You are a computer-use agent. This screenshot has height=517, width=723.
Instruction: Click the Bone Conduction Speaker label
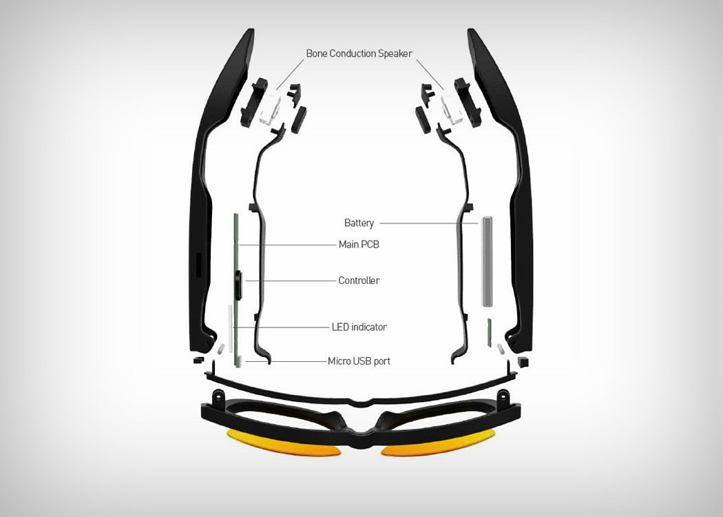pyautogui.click(x=359, y=53)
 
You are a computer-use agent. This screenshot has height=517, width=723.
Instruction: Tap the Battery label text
pyautogui.click(x=359, y=223)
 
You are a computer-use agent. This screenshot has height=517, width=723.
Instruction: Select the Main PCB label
pyautogui.click(x=359, y=244)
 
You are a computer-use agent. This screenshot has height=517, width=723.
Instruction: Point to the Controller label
pyautogui.click(x=359, y=281)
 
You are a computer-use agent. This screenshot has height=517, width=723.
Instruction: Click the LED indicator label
pyautogui.click(x=359, y=327)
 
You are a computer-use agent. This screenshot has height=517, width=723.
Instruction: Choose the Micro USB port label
pyautogui.click(x=359, y=361)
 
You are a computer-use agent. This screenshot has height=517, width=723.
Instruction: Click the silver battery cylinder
pyautogui.click(x=488, y=261)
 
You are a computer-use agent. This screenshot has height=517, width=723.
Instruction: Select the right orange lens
pyautogui.click(x=437, y=442)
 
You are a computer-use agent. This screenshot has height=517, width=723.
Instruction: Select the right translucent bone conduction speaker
pyautogui.click(x=451, y=108)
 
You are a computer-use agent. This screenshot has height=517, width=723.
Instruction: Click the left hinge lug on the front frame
pyautogui.click(x=219, y=398)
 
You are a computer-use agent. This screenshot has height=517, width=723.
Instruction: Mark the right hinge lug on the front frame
pyautogui.click(x=503, y=398)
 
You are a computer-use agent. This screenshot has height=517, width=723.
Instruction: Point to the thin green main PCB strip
pyautogui.click(x=235, y=234)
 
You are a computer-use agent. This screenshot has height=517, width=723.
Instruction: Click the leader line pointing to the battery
pyautogui.click(x=427, y=223)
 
